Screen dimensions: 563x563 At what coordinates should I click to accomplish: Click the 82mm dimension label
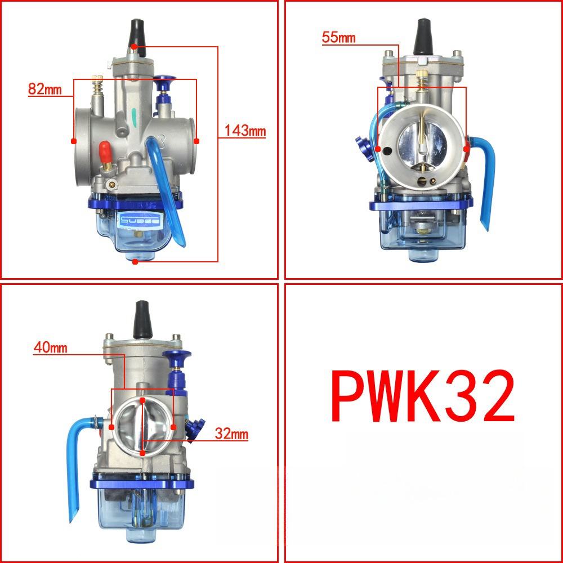(44, 88)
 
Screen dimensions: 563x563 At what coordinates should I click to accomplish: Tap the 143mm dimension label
(245, 131)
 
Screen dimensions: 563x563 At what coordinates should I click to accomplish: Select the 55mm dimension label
(338, 38)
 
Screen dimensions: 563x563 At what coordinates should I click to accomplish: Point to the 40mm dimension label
(50, 347)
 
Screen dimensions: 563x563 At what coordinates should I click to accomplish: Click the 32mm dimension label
(231, 434)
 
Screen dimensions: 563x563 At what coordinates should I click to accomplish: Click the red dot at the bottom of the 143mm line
(135, 261)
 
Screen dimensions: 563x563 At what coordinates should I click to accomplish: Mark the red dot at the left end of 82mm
(74, 141)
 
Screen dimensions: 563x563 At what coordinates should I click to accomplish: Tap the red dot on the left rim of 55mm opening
(378, 150)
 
